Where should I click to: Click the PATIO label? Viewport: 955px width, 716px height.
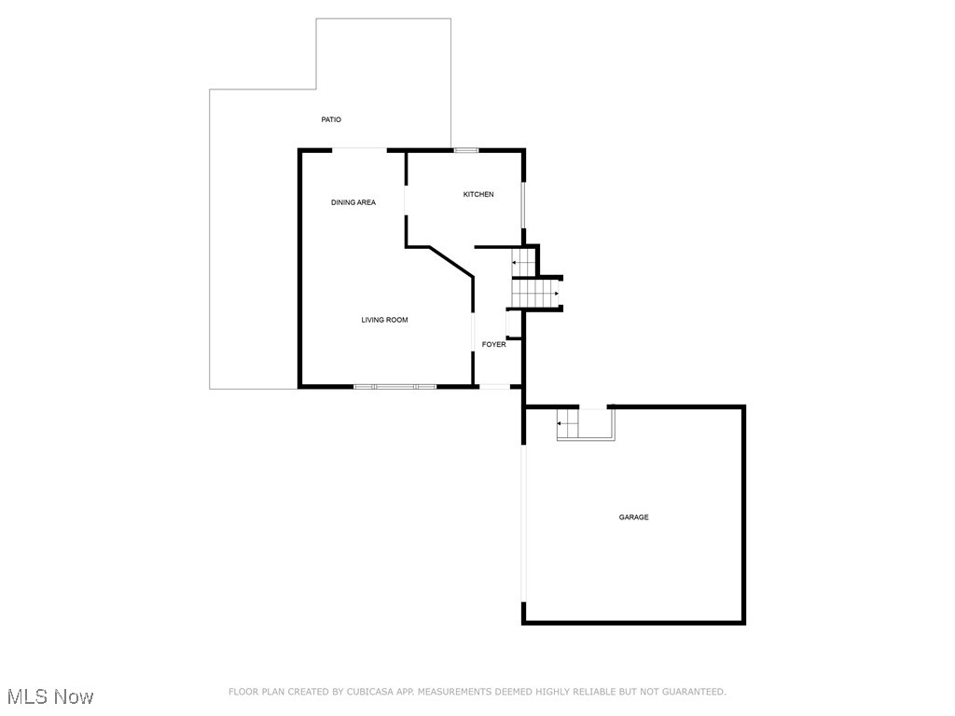331,119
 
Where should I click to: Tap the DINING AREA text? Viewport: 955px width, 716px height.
353,202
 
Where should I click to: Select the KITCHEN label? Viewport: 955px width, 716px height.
478,194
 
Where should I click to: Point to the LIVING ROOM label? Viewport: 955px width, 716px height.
384,320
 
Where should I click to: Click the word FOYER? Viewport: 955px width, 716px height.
493,345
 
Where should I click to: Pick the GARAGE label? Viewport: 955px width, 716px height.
633,517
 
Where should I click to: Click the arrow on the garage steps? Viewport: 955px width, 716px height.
561,424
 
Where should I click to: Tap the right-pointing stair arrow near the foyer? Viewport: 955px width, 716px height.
556,294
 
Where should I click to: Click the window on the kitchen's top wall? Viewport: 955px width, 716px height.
465,150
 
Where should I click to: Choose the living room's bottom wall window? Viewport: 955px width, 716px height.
395,386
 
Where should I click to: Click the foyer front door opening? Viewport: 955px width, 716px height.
494,386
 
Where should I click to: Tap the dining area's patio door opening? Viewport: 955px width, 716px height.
360,149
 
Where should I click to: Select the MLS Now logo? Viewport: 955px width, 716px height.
50,696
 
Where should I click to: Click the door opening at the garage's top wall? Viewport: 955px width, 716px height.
593,407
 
